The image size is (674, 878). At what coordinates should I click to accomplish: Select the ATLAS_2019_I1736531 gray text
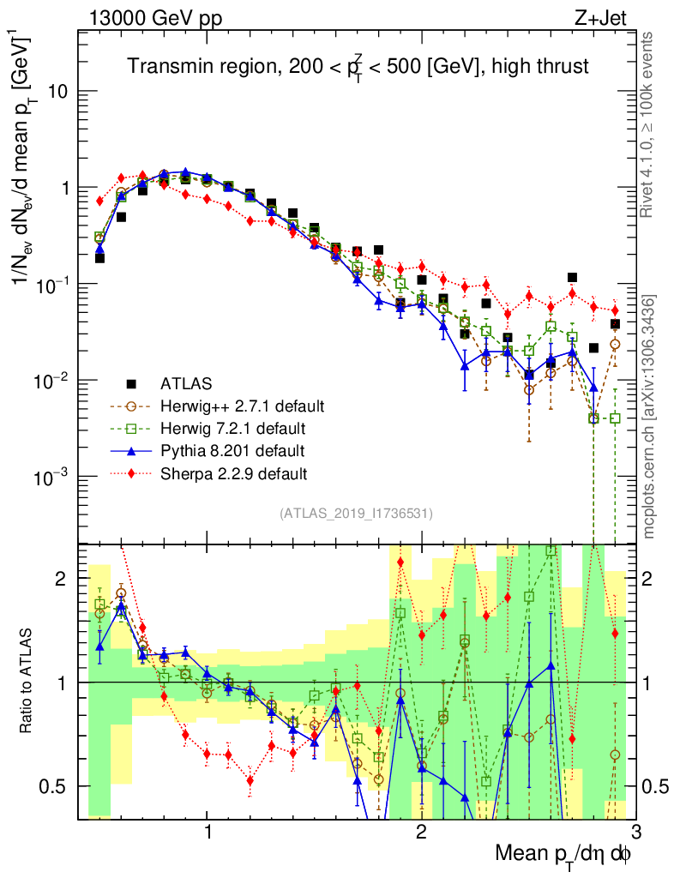click(356, 514)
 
